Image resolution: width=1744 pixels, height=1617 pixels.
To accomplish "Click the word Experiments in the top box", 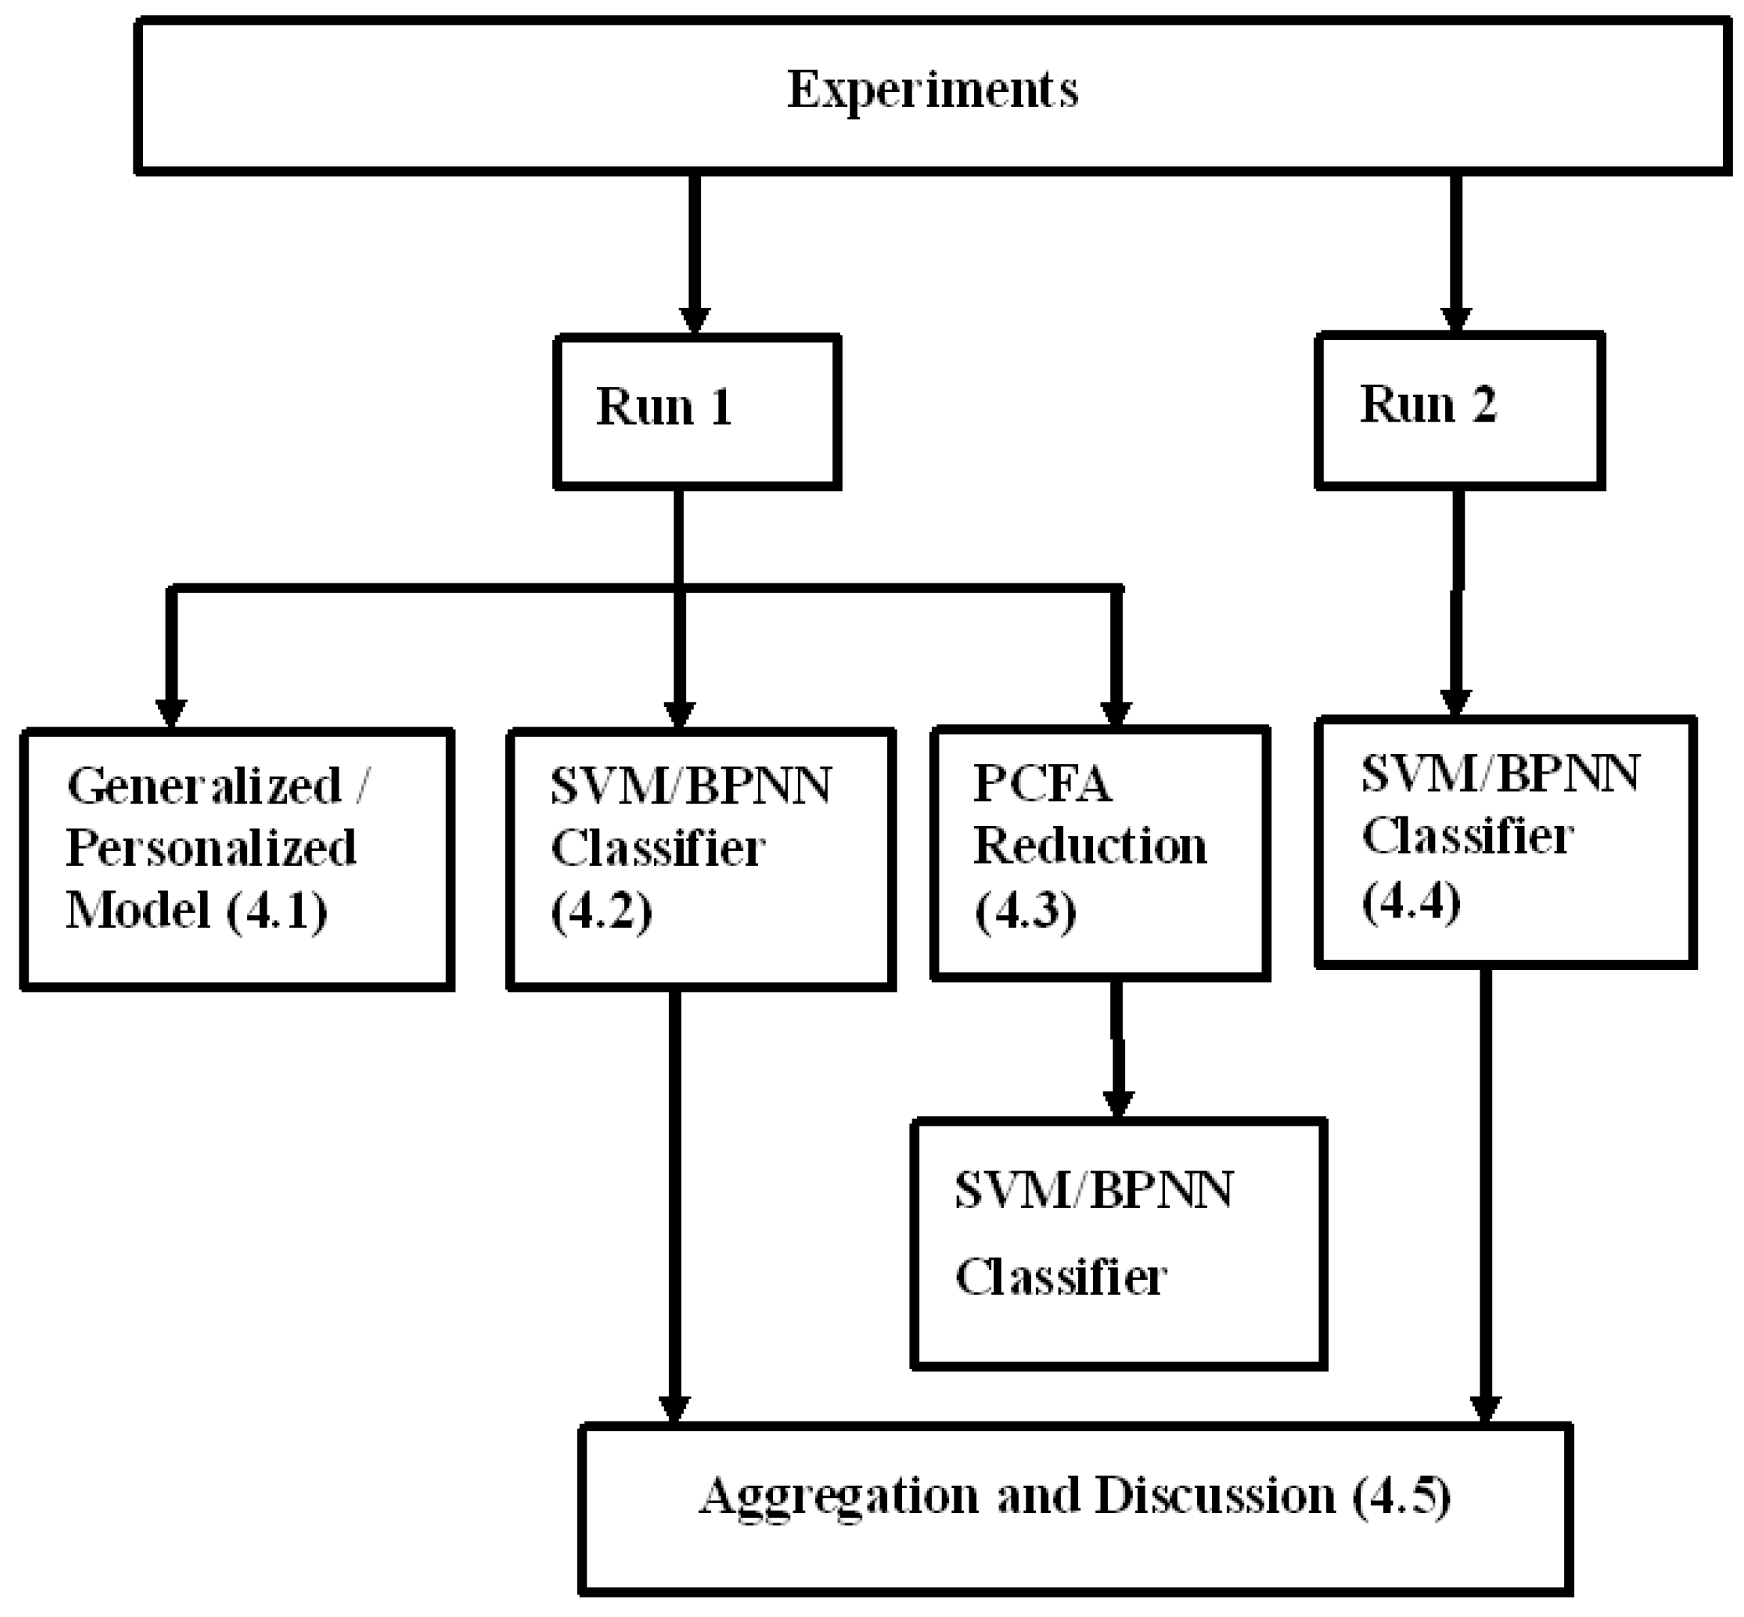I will pyautogui.click(x=932, y=90).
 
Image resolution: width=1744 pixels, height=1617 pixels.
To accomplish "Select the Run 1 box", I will pyautogui.click(x=697, y=411).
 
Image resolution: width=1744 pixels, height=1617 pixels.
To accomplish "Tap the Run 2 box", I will pyautogui.click(x=1459, y=410).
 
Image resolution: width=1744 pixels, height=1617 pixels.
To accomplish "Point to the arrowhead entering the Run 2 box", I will pyautogui.click(x=1456, y=319).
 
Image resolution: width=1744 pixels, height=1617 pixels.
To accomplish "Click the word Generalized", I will pyautogui.click(x=204, y=786).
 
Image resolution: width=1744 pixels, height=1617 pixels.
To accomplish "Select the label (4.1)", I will pyautogui.click(x=277, y=910).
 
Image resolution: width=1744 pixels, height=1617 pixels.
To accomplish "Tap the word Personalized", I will pyautogui.click(x=211, y=848).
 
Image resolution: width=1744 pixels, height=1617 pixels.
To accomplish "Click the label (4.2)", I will pyautogui.click(x=601, y=911).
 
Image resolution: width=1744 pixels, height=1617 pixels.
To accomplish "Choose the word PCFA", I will pyautogui.click(x=1042, y=783).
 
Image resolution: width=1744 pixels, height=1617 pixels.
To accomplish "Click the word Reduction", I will pyautogui.click(x=1089, y=846).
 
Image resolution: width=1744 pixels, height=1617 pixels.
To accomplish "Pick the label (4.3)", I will pyautogui.click(x=1025, y=910).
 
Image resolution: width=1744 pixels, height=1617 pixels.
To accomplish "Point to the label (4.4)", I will pyautogui.click(x=1411, y=901).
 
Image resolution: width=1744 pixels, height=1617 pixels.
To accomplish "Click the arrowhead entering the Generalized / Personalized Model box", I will pyautogui.click(x=172, y=713).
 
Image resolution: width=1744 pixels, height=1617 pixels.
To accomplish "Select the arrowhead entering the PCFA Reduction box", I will pyautogui.click(x=1115, y=713).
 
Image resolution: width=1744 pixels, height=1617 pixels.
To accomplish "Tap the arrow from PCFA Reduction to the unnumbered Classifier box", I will pyautogui.click(x=1118, y=1050).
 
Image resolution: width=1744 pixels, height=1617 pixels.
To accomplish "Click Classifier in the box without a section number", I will pyautogui.click(x=1061, y=1277).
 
